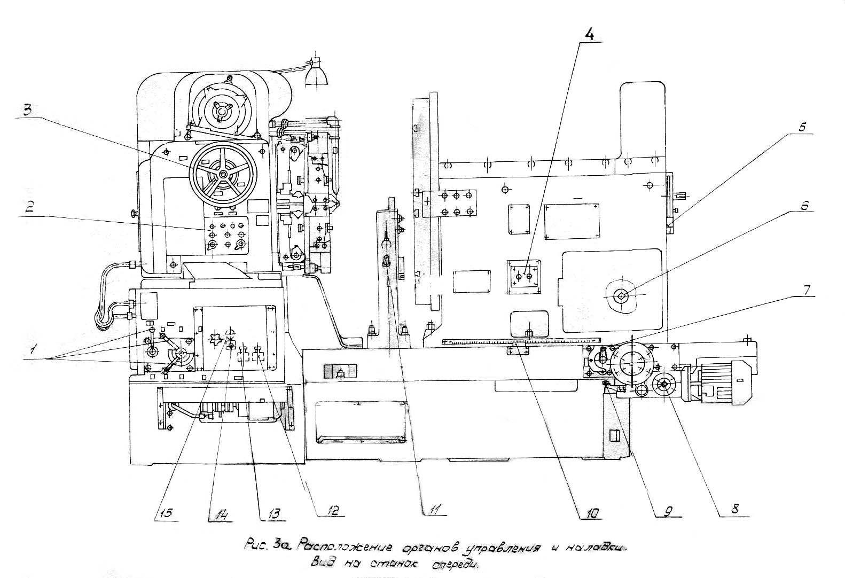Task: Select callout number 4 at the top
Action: (x=589, y=35)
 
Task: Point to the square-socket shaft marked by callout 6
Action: (x=622, y=295)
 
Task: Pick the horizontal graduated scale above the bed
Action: (x=521, y=340)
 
